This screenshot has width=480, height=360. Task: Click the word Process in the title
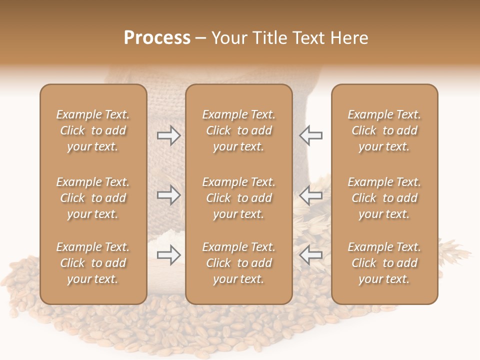[x=157, y=38]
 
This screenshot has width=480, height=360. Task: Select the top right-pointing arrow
[x=168, y=135]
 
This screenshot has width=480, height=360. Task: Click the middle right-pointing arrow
[x=168, y=195]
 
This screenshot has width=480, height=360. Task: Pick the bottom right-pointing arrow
[x=168, y=255]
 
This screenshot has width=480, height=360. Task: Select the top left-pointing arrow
[x=311, y=135]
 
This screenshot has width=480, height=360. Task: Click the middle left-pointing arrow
[x=311, y=195]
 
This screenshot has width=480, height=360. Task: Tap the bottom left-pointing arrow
[x=311, y=255]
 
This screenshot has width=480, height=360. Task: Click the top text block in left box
[x=93, y=130]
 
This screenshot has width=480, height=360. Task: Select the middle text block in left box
[x=93, y=198]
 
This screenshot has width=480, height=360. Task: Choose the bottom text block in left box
[x=93, y=263]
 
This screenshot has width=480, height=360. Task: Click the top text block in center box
[x=238, y=130]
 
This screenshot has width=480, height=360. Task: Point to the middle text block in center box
[x=238, y=198]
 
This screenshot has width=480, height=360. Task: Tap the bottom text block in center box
[x=238, y=263]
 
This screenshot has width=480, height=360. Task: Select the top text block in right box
[x=384, y=130]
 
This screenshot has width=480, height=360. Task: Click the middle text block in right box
[x=384, y=198]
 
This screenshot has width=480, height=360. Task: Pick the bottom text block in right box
[x=384, y=263]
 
